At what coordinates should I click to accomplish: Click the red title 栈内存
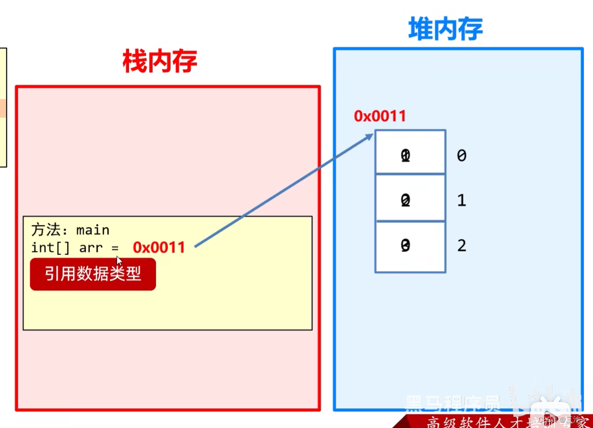(160, 62)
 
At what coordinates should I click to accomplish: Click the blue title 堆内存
(445, 29)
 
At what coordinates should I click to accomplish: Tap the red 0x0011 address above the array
(380, 116)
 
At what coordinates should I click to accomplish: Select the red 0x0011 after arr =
(159, 247)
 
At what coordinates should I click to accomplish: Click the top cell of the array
(410, 152)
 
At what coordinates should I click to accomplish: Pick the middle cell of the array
(410, 197)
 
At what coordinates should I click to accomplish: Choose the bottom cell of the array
(410, 247)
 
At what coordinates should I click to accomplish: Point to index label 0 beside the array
(461, 156)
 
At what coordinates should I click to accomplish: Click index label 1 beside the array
(461, 200)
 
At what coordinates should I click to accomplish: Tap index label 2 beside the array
(461, 246)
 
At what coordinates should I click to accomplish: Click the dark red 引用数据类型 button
(93, 274)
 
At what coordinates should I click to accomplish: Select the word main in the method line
(93, 230)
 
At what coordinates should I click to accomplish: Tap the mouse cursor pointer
(119, 261)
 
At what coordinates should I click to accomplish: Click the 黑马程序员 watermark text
(452, 403)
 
